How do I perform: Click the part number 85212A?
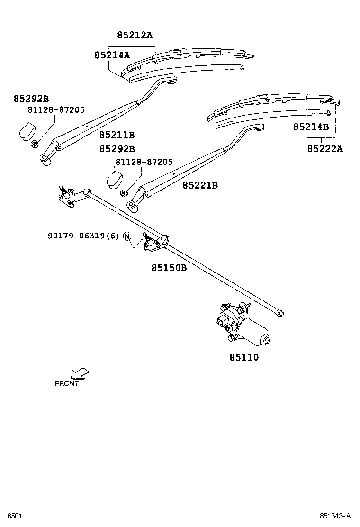135,35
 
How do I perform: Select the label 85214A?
112,55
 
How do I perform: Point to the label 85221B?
200,185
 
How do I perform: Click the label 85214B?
311,127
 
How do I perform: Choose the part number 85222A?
325,149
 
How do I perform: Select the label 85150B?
169,267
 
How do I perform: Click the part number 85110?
244,357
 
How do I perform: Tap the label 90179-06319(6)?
83,236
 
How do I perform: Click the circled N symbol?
126,236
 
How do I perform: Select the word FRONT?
67,384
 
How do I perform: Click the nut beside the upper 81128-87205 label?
35,143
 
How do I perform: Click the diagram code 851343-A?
335,516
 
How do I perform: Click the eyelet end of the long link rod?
280,312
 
